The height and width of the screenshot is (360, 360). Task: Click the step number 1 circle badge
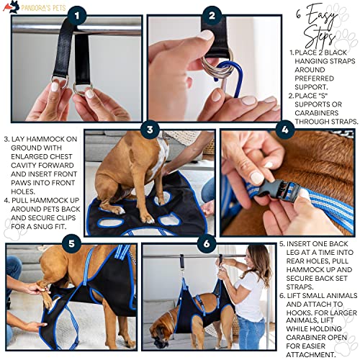tap(77, 16)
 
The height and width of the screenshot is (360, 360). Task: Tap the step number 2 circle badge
tap(212, 15)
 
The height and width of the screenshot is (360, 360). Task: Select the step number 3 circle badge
tap(150, 130)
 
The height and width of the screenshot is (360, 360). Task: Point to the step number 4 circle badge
tap(285, 130)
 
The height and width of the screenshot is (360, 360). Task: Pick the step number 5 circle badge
tap(71, 243)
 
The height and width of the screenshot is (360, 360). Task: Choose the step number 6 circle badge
tap(207, 243)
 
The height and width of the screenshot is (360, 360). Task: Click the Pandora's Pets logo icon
tap(12, 6)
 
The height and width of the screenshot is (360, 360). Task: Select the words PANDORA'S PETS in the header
tap(43, 8)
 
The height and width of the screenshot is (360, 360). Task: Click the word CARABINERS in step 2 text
tap(316, 113)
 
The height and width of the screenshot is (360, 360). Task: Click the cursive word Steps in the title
tap(320, 37)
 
